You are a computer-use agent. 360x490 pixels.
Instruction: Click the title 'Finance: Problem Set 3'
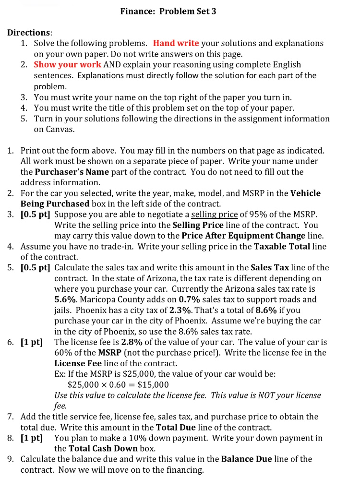(168, 11)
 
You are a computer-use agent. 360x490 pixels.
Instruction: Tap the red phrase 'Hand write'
(176, 43)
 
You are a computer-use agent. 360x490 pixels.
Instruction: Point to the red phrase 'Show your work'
(68, 64)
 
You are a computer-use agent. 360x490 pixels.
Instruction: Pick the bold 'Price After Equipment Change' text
(243, 235)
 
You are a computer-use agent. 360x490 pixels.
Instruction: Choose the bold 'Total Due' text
(177, 427)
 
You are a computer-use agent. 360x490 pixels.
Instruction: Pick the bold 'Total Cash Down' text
(98, 448)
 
